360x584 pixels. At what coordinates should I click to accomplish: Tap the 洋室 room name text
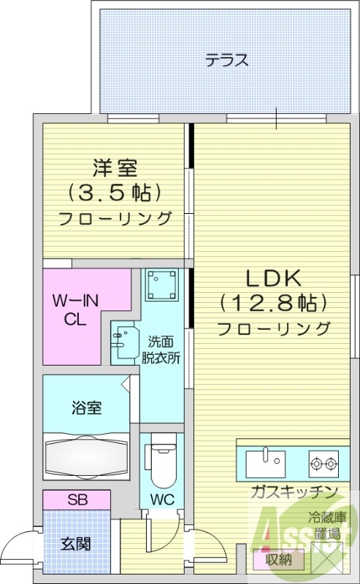(x=115, y=168)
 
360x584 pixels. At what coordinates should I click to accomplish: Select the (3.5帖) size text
(x=115, y=193)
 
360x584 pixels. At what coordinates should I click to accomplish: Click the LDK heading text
(x=272, y=278)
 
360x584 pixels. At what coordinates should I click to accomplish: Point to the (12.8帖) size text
(x=272, y=302)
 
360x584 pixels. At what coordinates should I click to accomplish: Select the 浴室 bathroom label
(x=85, y=407)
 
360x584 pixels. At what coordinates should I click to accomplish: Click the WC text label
(x=161, y=501)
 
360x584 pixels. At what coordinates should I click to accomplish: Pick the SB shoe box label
(x=76, y=500)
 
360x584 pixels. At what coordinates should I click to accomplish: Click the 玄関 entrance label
(x=75, y=543)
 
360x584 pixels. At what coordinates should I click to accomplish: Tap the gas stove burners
(x=323, y=461)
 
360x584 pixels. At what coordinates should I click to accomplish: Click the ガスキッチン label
(x=295, y=491)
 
